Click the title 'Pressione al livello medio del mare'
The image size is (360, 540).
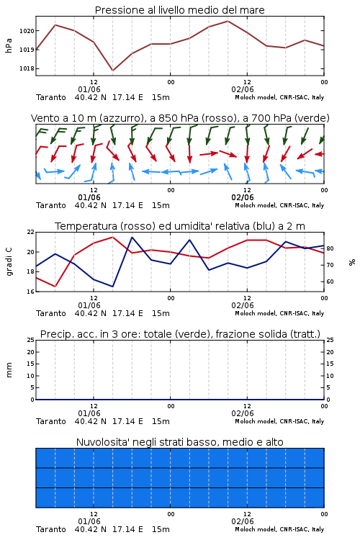point(179,10)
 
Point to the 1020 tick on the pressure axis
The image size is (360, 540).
point(27,31)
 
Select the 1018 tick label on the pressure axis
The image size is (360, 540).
point(27,68)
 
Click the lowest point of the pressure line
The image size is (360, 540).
point(112,71)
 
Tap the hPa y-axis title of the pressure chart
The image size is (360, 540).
point(9,45)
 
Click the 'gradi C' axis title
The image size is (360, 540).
point(9,262)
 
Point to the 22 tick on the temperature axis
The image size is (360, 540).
point(31,232)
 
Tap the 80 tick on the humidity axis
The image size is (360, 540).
point(330,248)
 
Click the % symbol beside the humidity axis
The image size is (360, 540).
point(352,262)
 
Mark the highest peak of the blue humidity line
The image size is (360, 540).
point(132,237)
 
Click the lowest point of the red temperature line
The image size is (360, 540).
point(55,287)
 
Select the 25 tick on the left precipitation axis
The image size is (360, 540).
point(31,341)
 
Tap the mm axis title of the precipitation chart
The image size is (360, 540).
point(9,370)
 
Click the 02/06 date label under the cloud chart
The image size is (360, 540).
point(243,521)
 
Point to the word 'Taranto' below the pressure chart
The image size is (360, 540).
point(51,97)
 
